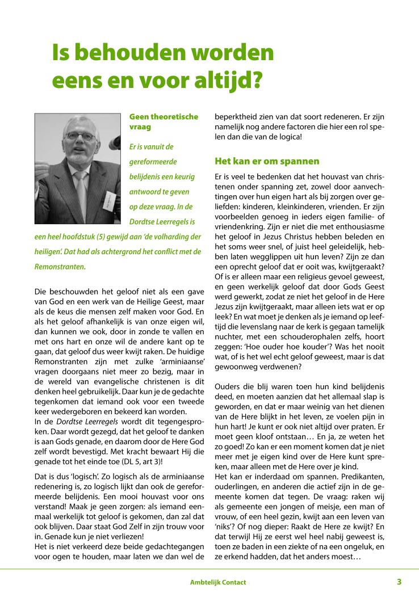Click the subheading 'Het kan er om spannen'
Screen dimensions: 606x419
[x=267, y=161]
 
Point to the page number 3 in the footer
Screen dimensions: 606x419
[x=399, y=582]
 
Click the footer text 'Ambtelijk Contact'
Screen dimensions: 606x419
[x=218, y=582]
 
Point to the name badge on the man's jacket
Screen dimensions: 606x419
[x=110, y=201]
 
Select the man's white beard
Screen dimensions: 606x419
[x=81, y=161]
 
